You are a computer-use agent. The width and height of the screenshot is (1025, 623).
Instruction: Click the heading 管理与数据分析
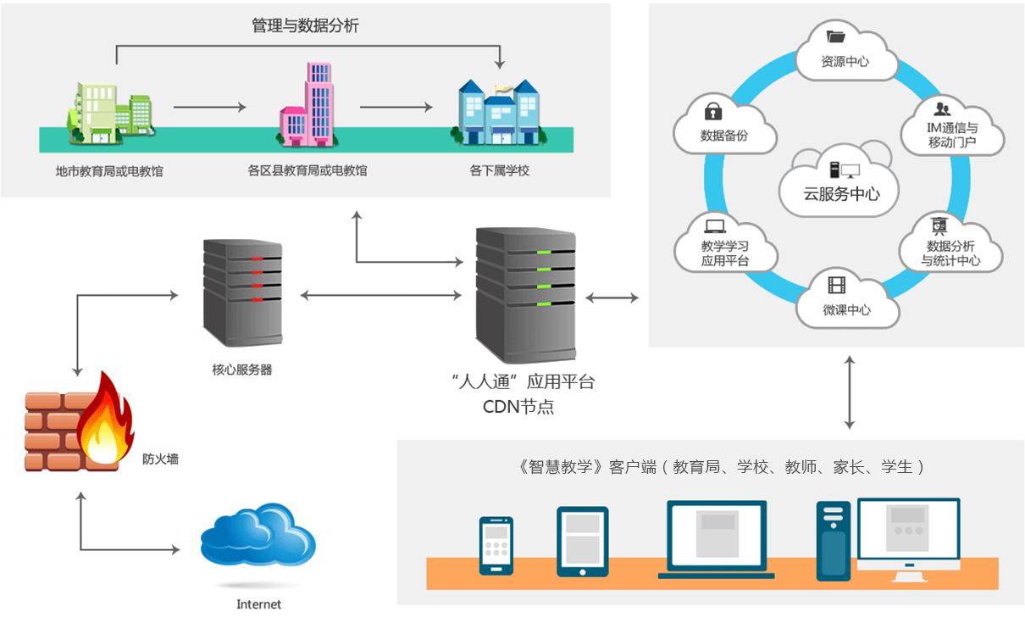pyautogui.click(x=305, y=25)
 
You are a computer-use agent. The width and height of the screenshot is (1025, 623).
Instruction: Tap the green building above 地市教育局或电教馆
pyautogui.click(x=111, y=113)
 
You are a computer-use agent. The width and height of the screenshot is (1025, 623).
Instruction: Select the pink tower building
pyautogui.click(x=307, y=104)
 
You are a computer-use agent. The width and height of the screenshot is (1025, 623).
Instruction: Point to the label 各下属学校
pyautogui.click(x=499, y=170)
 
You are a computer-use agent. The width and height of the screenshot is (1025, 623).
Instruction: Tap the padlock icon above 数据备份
pyautogui.click(x=713, y=111)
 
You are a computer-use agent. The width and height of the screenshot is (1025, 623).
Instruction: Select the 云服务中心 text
pyautogui.click(x=841, y=194)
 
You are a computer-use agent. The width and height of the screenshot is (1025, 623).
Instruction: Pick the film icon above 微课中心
pyautogui.click(x=837, y=285)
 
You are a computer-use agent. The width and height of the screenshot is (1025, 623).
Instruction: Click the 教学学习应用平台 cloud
pyautogui.click(x=726, y=243)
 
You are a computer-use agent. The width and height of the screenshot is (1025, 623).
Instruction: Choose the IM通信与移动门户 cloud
pyautogui.click(x=952, y=127)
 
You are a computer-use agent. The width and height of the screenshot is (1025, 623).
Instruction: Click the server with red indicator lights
pyautogui.click(x=243, y=293)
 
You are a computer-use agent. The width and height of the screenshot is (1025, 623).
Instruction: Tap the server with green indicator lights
pyautogui.click(x=526, y=295)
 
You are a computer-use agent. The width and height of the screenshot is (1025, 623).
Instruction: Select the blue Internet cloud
pyautogui.click(x=258, y=535)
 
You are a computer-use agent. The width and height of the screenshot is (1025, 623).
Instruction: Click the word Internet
pyautogui.click(x=258, y=604)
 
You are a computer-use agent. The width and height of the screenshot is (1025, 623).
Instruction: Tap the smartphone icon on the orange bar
pyautogui.click(x=496, y=546)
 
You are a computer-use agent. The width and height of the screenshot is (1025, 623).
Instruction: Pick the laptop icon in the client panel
pyautogui.click(x=716, y=539)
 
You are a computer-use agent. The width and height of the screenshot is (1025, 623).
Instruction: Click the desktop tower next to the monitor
pyautogui.click(x=834, y=541)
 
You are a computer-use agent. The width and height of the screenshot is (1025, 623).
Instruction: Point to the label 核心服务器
pyautogui.click(x=242, y=370)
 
